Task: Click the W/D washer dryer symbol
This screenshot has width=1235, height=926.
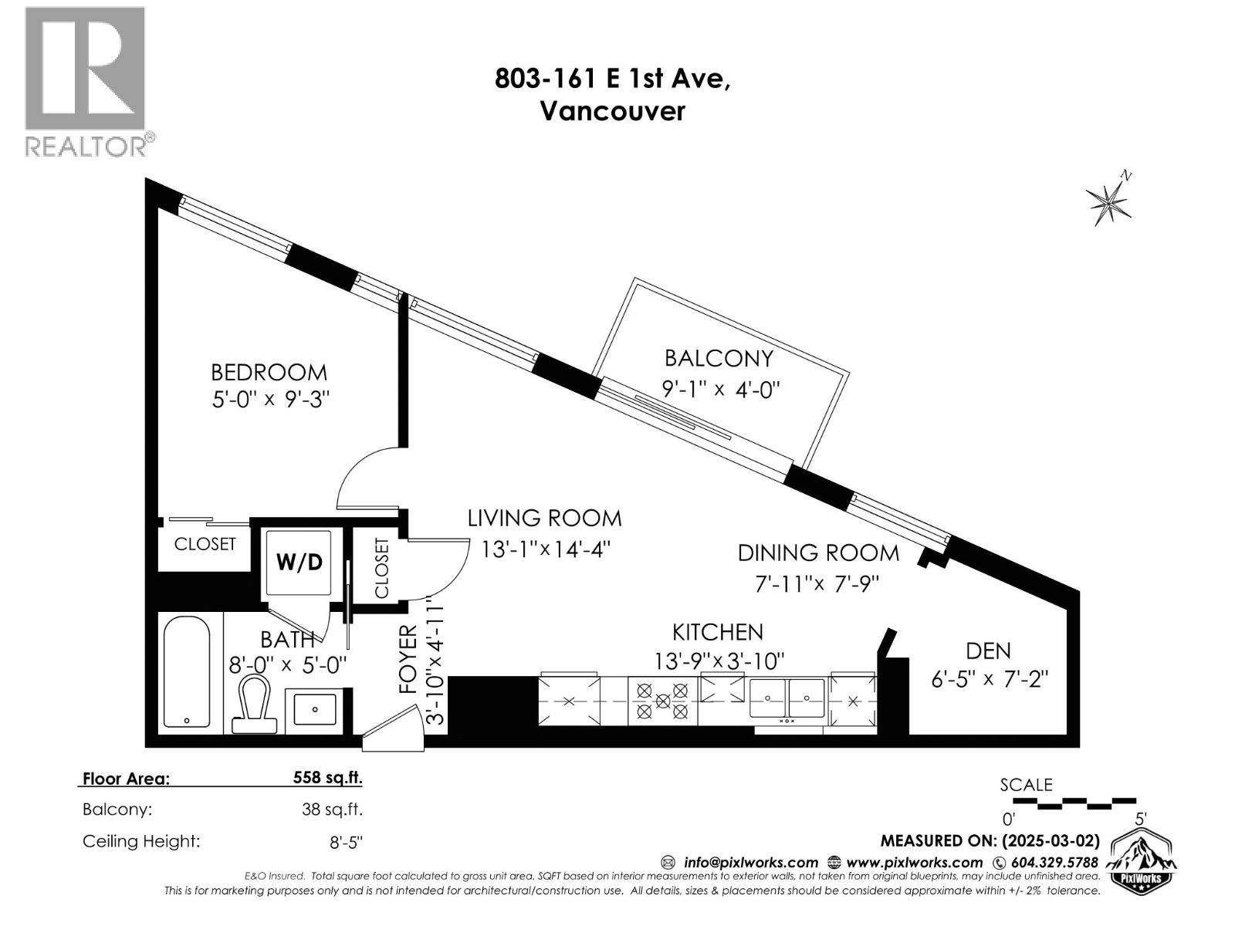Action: click(299, 562)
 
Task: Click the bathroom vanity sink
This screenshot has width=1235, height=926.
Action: click(315, 709)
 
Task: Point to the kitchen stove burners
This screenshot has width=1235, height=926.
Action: click(662, 701)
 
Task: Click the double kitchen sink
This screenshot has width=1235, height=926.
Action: click(787, 698)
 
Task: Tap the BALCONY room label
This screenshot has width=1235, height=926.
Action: click(719, 358)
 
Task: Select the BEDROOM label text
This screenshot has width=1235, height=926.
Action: click(269, 372)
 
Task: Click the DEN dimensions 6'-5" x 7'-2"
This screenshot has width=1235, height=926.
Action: click(989, 679)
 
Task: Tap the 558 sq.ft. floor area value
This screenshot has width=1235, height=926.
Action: click(327, 778)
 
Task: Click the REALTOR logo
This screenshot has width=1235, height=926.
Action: click(86, 81)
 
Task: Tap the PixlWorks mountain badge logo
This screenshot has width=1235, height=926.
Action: click(1141, 861)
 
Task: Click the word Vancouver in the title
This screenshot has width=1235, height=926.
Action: click(612, 111)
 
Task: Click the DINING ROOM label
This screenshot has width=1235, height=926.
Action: click(818, 553)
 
